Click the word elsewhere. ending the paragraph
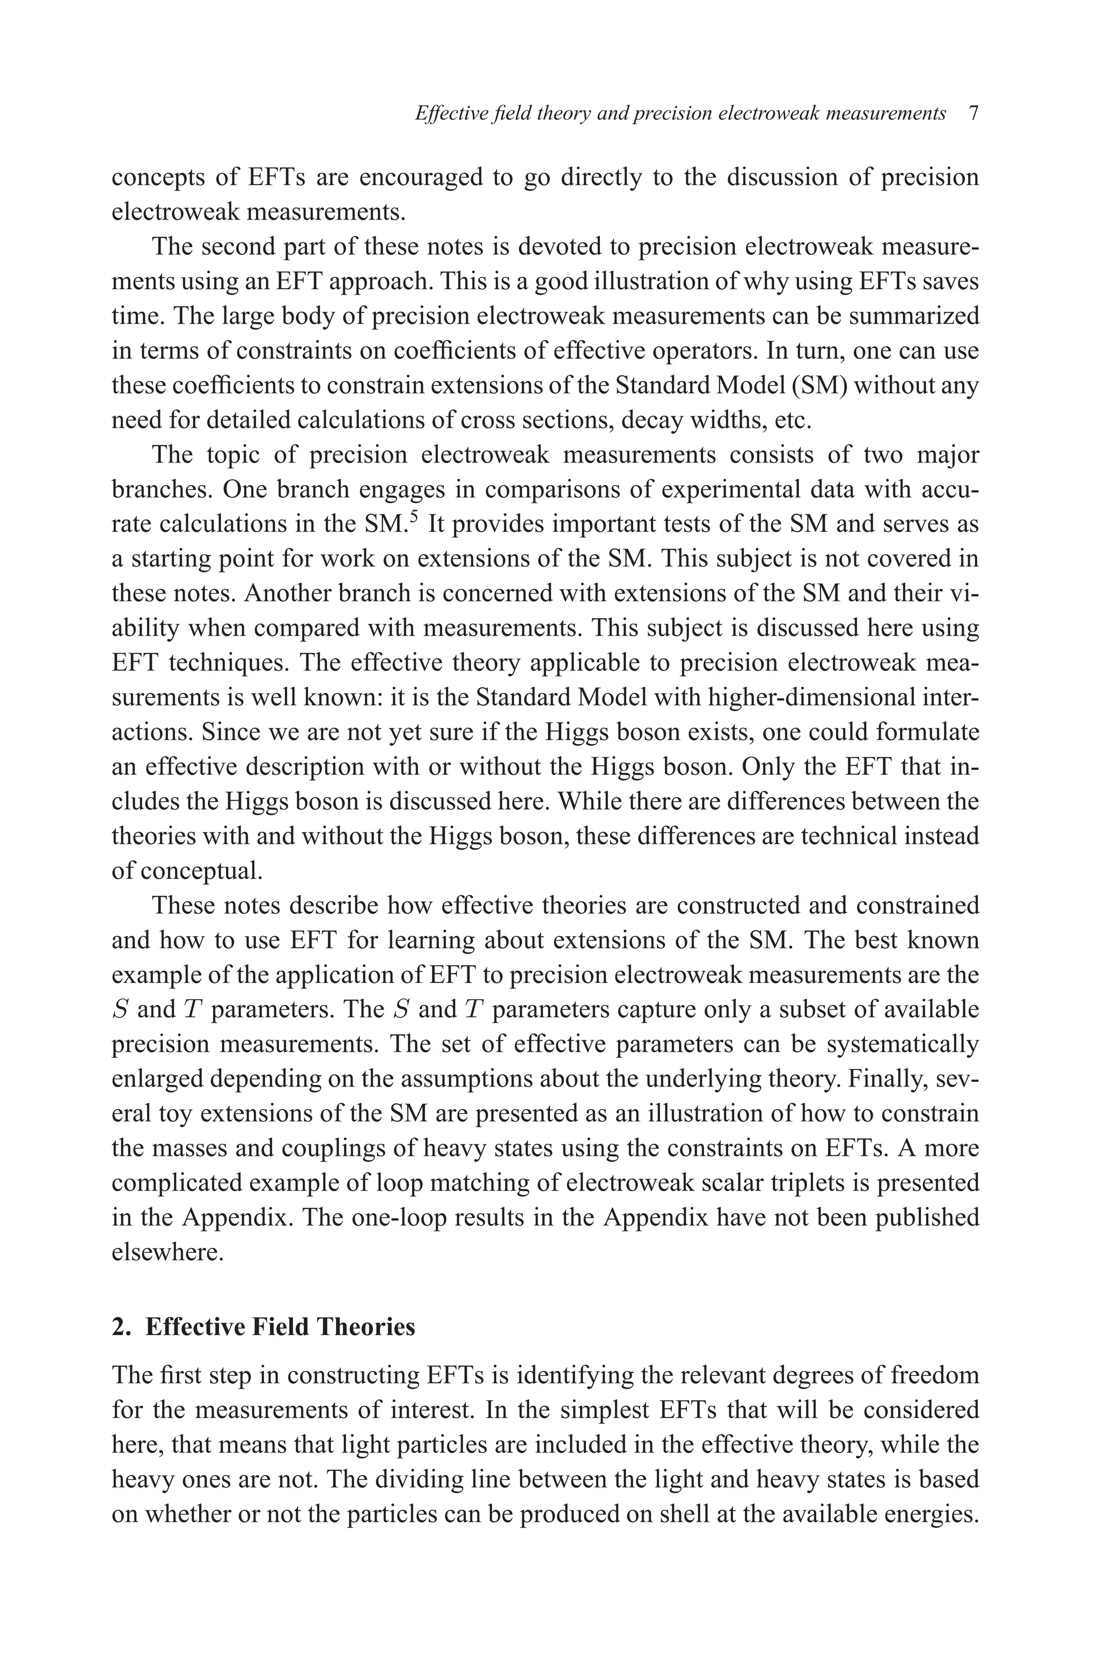pyautogui.click(x=168, y=1252)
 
